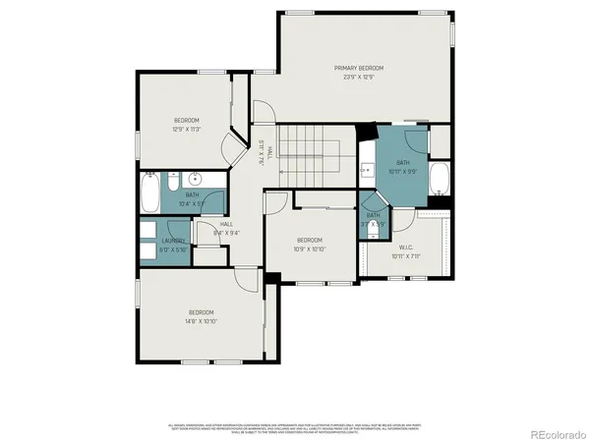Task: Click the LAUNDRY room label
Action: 173,241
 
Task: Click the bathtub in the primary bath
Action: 440,181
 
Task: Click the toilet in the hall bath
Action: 172,182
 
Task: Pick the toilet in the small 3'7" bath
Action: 372,203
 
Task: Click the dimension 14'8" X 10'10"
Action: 202,321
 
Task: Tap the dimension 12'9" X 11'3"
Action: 186,129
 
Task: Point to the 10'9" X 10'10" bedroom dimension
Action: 310,249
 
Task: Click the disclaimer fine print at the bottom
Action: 295,427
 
